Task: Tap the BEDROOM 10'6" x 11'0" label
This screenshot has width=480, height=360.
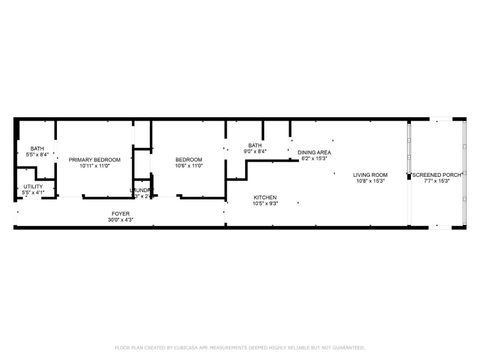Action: (x=189, y=160)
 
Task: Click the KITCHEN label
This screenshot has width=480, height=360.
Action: (x=265, y=197)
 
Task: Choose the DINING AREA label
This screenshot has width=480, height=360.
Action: (x=315, y=152)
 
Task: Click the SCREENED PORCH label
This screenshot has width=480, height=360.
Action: (x=436, y=175)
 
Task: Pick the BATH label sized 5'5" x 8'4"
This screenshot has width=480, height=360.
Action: (x=37, y=148)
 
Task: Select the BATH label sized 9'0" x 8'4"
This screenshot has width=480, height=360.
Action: (x=255, y=146)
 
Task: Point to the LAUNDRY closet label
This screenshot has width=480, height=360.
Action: (x=141, y=190)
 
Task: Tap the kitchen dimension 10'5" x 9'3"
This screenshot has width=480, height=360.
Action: (x=265, y=204)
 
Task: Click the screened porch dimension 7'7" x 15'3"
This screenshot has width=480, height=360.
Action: (x=436, y=182)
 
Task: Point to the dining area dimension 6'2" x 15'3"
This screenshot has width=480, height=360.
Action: (x=315, y=159)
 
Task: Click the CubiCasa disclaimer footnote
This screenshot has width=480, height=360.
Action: (x=240, y=347)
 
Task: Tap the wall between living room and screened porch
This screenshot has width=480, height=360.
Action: (x=408, y=175)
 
